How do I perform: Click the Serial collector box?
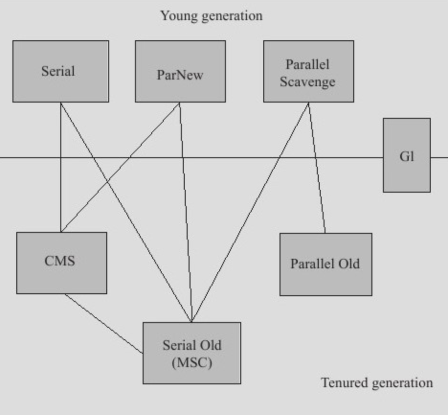point(61,71)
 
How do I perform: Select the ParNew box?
point(180,71)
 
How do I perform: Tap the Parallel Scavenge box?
point(309,71)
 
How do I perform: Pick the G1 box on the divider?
point(406,155)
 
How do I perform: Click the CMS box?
point(62,263)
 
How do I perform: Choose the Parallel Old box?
point(326,264)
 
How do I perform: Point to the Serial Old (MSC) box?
point(192,353)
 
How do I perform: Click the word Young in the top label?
point(179,16)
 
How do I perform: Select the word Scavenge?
point(307,82)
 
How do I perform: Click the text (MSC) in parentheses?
point(192,363)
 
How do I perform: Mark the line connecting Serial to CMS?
point(61,167)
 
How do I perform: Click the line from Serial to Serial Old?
point(126,212)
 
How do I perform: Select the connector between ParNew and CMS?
point(120,167)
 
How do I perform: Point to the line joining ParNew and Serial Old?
point(186,212)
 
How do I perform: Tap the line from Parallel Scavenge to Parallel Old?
point(317,168)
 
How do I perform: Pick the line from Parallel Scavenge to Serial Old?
point(250,212)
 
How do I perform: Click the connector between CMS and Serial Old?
point(104,323)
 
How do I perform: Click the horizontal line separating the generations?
point(191,157)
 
